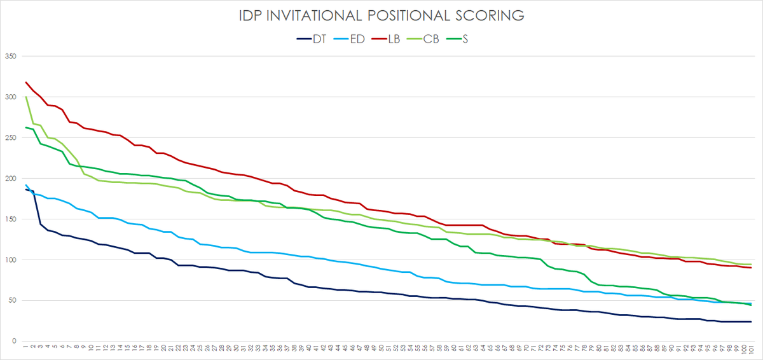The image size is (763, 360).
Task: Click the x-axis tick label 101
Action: (x=751, y=350)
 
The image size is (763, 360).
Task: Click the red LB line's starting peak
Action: (x=26, y=82)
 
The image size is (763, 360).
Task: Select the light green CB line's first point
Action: (x=26, y=97)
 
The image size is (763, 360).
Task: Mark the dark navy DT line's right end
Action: (x=751, y=322)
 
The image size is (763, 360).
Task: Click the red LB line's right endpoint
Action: (x=751, y=268)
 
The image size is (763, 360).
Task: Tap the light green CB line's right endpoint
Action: (x=751, y=265)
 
